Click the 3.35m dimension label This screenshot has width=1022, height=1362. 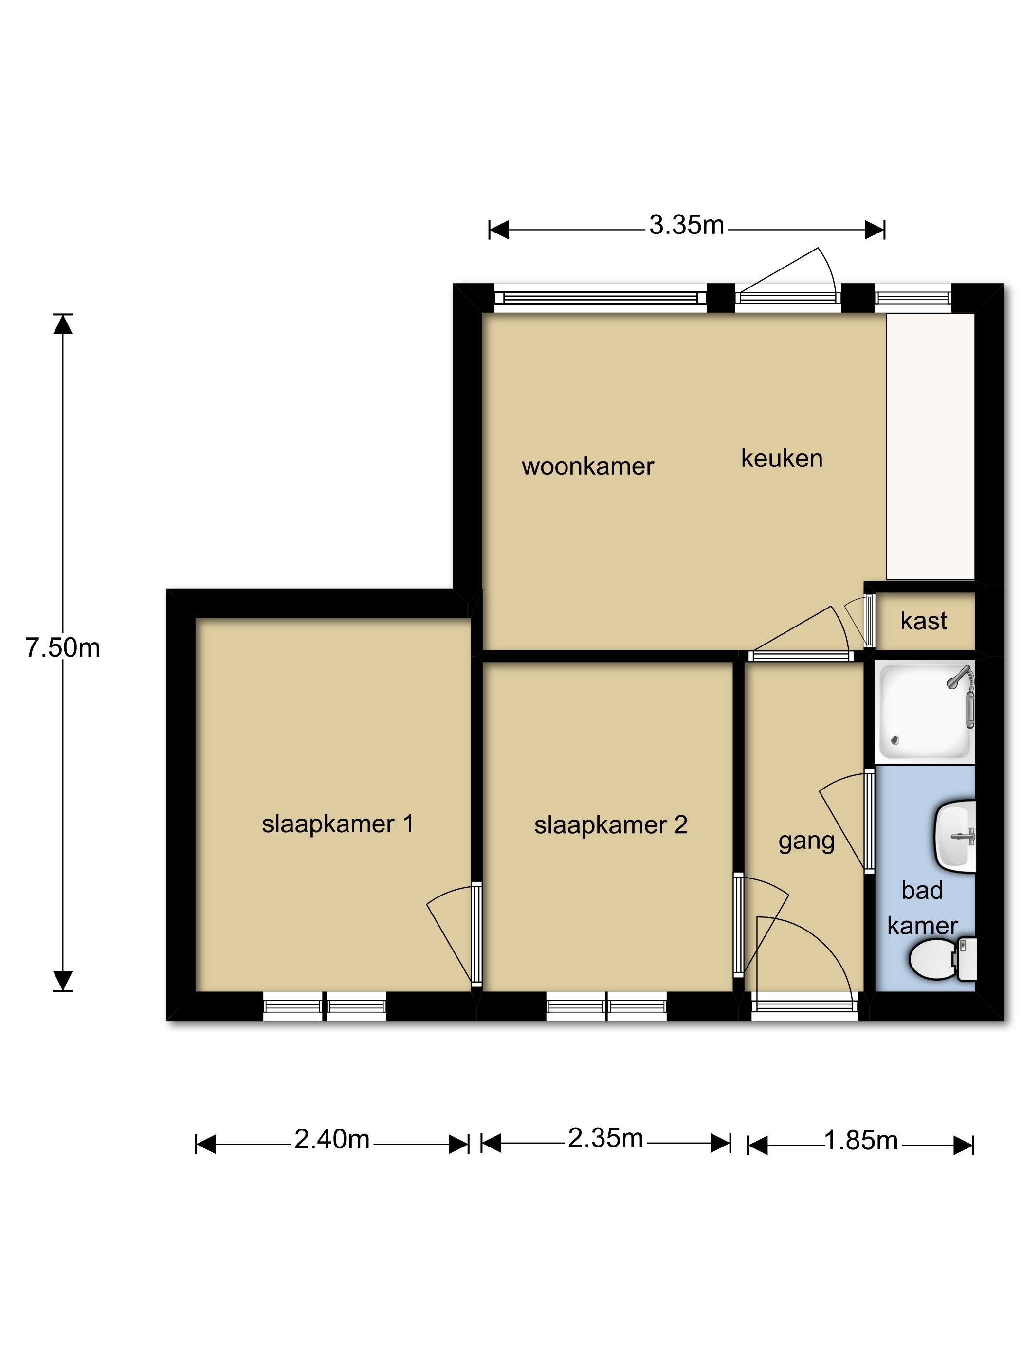686,225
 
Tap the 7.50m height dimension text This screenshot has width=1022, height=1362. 63,648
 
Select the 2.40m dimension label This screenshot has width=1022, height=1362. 331,1140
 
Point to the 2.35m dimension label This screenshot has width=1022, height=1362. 605,1139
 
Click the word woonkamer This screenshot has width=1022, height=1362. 588,466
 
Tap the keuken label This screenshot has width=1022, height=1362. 782,459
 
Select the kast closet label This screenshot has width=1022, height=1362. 923,621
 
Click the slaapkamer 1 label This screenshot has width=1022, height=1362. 338,824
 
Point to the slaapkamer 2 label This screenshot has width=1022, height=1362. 610,825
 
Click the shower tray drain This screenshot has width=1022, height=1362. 896,741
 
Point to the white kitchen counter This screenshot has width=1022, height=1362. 930,447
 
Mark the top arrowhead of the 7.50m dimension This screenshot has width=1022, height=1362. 63,324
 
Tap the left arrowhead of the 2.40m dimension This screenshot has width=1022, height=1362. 206,1145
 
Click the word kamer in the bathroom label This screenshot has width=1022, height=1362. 922,927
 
